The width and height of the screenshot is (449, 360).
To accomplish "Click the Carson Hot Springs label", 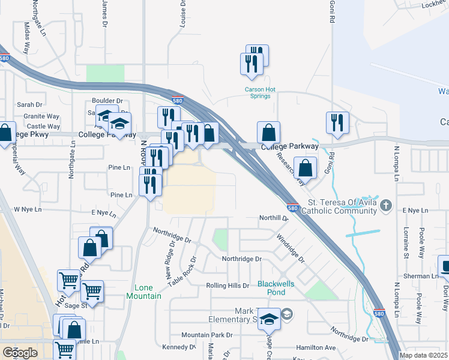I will (259, 93).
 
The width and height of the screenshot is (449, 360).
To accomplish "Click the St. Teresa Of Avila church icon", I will (385, 206).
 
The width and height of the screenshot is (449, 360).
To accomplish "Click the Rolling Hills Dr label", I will (227, 286).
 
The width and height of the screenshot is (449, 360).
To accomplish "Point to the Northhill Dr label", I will (274, 218).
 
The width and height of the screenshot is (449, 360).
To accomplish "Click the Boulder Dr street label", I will (107, 101).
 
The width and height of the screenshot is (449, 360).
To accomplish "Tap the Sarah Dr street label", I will (28, 104).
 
